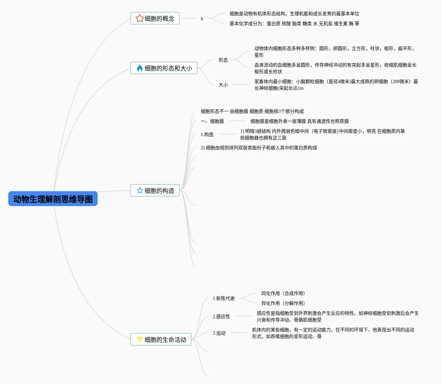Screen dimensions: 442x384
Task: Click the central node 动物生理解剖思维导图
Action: click(x=53, y=199)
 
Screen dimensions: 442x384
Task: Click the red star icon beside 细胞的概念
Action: click(x=139, y=18)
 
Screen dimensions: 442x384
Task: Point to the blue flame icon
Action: click(x=140, y=68)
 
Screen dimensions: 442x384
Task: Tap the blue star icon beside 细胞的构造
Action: click(x=140, y=190)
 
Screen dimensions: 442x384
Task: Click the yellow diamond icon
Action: click(x=140, y=339)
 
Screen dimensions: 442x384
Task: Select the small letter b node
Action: click(x=202, y=19)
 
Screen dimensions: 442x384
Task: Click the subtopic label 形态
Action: click(x=223, y=60)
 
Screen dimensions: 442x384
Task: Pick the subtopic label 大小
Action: click(x=223, y=85)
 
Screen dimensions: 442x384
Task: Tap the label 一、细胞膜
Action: click(x=212, y=121)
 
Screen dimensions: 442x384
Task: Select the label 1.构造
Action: click(x=207, y=134)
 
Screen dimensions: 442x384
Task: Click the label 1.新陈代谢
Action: click(x=224, y=298)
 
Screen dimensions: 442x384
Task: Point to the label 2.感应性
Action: click(x=221, y=316)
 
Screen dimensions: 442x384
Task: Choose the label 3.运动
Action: click(x=219, y=333)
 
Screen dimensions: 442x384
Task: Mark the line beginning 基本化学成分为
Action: click(x=294, y=24)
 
